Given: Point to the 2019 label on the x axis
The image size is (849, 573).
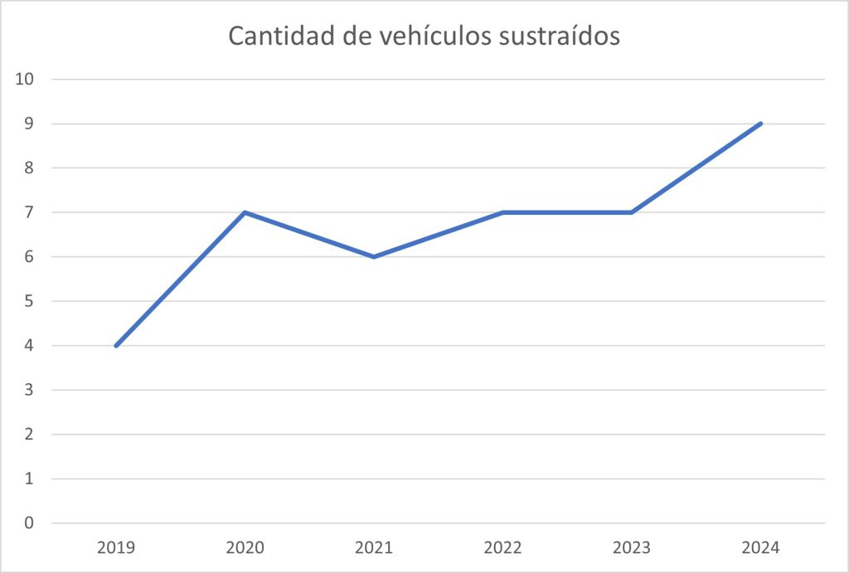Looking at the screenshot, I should point(116,547).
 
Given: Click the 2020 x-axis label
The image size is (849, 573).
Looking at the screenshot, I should point(245,547).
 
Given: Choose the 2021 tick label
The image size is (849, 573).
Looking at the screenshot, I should point(374,547).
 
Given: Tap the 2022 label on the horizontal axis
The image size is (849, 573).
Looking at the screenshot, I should point(503,547).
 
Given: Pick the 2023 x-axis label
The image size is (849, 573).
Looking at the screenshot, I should point(632,547).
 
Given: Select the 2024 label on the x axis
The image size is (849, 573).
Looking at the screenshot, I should point(761,547).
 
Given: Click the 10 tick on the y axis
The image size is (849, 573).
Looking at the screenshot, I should point(25,80).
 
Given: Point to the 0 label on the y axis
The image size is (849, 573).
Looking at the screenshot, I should point(30,523).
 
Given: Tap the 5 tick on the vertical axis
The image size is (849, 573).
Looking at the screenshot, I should point(30,301).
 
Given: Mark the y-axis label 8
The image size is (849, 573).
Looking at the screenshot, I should point(30,168).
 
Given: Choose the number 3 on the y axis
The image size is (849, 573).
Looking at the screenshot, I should point(30,390).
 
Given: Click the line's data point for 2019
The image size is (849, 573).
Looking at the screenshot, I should point(116,346).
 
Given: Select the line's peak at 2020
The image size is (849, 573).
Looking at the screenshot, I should point(245,212).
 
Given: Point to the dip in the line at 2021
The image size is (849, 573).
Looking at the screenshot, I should point(374,257).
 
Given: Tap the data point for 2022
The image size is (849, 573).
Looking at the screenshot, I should point(503,212).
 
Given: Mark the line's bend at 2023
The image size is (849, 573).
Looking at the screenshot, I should point(632,212).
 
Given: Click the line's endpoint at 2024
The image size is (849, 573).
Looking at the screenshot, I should point(760,124).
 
